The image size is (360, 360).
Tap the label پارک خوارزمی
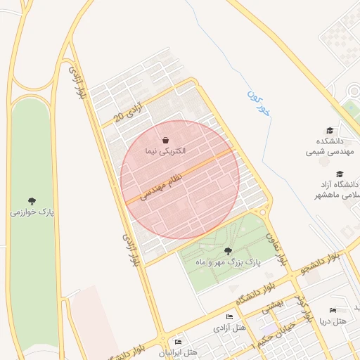click(32, 211)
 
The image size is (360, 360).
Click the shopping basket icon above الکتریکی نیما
click(165, 140)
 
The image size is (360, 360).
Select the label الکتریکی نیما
click(164, 151)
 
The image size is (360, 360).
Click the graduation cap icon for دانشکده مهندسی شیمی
click(330, 130)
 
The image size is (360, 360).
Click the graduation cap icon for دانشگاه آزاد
click(340, 174)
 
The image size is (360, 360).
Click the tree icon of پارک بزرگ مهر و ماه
click(227, 250)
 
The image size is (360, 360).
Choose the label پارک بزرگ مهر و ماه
click(227, 262)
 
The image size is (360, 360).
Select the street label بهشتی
click(272, 304)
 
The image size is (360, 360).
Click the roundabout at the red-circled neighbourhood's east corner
click(263, 211)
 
